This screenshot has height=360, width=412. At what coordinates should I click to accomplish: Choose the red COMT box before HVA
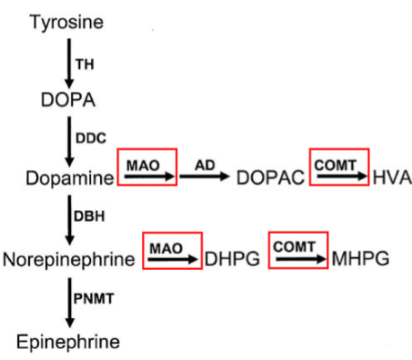(x=338, y=165)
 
